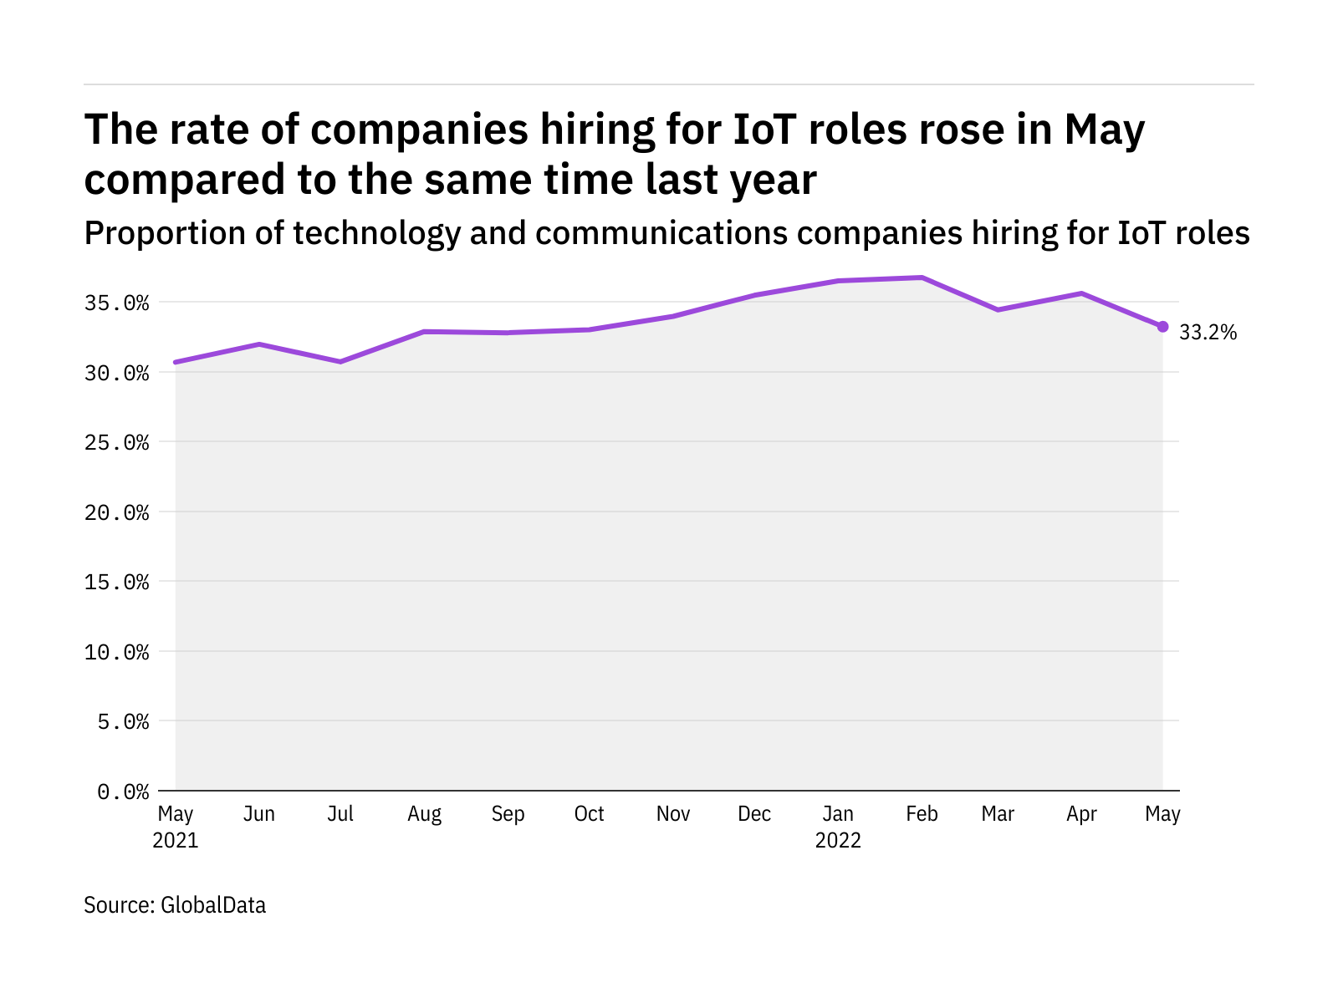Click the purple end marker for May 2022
point(1162,327)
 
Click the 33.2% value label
point(1208,333)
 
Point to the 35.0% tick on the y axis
point(116,303)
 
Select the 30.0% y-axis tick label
point(116,373)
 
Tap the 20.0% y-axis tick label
point(116,512)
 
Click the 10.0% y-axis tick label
point(116,652)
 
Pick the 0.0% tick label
point(123,792)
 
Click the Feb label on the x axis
point(922,814)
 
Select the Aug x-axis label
point(424,814)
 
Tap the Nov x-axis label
point(672,814)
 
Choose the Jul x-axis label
point(340,814)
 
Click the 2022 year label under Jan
point(838,841)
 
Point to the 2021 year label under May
point(176,841)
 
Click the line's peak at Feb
point(922,277)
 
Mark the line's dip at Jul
point(340,362)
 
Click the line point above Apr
point(1081,293)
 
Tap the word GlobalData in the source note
point(213,905)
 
